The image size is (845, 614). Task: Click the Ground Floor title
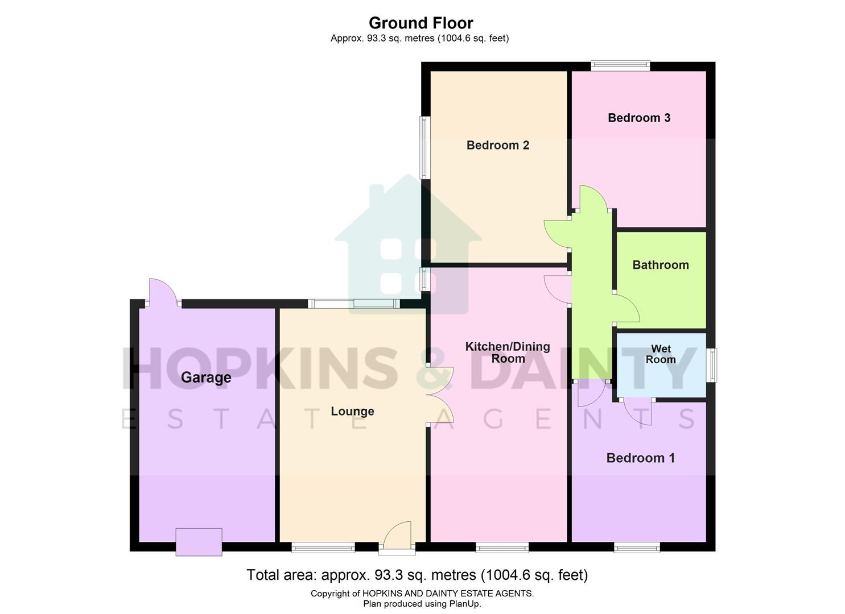tap(421, 23)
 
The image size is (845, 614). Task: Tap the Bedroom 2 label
tap(497, 145)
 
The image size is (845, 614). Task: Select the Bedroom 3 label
tap(638, 118)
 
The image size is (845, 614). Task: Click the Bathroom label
tap(660, 265)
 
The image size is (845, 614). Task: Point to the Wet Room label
tap(660, 354)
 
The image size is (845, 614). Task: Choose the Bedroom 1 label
tap(640, 458)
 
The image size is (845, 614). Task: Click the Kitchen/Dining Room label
tap(508, 352)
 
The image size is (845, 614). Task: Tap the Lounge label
tap(352, 411)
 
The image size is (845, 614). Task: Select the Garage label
tap(206, 377)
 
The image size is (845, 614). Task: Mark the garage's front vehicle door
tap(199, 542)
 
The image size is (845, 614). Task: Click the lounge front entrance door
tap(397, 537)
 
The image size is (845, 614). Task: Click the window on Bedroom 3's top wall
tap(620, 66)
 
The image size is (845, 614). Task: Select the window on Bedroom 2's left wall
tap(424, 147)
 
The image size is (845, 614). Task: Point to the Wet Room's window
tap(711, 365)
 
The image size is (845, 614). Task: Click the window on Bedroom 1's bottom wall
tap(637, 547)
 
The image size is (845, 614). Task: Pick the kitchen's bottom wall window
tap(502, 547)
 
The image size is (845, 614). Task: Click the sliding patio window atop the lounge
tap(353, 304)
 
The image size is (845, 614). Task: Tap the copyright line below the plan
tap(422, 594)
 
